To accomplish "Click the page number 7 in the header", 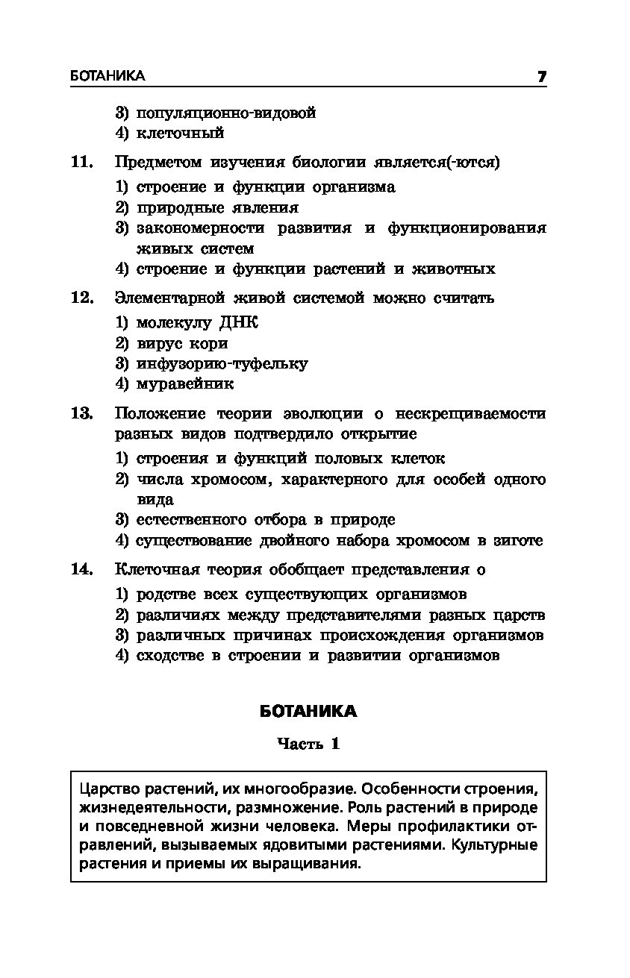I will point(541,76).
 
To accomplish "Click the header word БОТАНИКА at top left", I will point(107,76).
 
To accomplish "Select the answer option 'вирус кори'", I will point(182,344).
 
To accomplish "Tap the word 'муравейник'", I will point(185,384).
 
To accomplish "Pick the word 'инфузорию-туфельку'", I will point(222,364).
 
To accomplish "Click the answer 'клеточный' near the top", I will point(180,134).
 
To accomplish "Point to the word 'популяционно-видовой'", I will point(226,113).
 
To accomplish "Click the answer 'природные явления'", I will point(217,207).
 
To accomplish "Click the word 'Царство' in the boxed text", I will point(104,789).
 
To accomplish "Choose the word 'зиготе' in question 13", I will point(517,540).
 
